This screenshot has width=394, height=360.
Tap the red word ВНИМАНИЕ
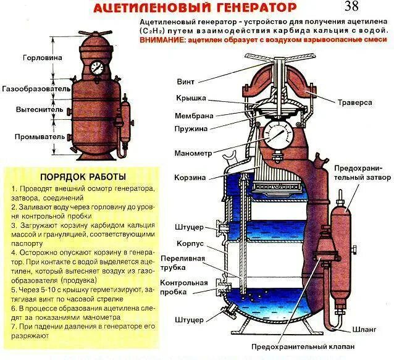point(162,40)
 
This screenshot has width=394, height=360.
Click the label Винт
point(186,82)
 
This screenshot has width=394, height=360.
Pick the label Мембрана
point(193,115)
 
